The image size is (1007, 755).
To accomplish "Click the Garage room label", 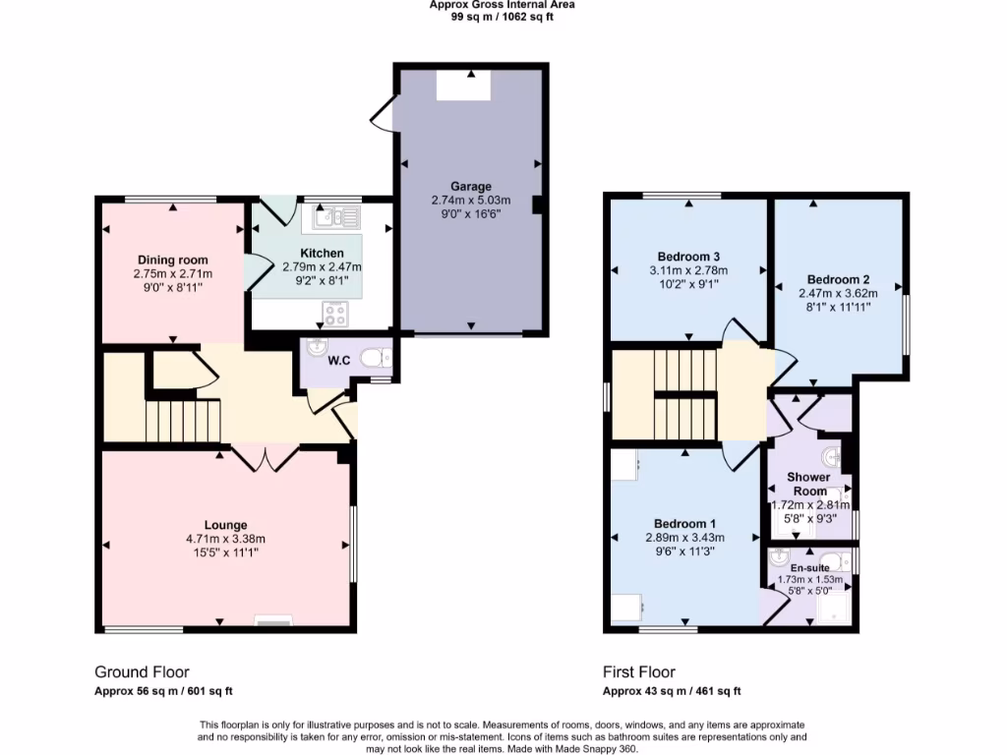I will point(471,186).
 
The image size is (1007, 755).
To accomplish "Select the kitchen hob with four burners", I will point(335,315).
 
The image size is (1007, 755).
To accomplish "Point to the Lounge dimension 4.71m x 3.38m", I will point(225,538).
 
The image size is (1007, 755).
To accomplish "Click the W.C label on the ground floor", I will point(339,361).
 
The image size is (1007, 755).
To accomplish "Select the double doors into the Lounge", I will point(265,456).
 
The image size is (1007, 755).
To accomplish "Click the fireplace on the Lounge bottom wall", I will point(272,620).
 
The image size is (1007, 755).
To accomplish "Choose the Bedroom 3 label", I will point(687,257).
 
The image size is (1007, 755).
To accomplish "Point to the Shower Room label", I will point(808,484).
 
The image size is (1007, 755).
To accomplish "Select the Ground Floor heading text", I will point(142,672).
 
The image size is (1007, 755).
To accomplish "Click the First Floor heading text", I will point(638,672).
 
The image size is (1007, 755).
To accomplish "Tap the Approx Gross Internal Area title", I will point(503,5).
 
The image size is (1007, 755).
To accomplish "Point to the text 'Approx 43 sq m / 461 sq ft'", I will point(672,691).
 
